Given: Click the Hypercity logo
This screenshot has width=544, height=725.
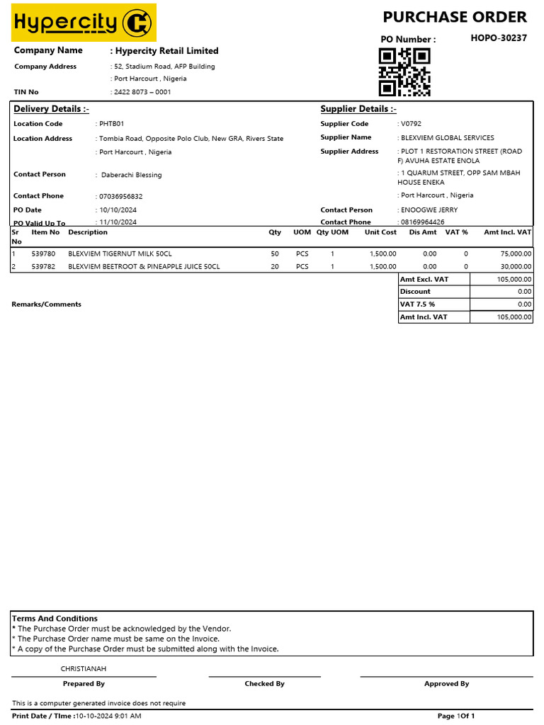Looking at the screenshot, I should [x=84, y=23].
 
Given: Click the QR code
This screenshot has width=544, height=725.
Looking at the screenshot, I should [x=404, y=72].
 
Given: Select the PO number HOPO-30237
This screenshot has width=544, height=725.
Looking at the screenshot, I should [x=499, y=38].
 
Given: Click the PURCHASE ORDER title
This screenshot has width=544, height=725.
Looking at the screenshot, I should [x=455, y=17].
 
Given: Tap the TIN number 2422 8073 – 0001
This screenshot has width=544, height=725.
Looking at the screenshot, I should [x=142, y=92].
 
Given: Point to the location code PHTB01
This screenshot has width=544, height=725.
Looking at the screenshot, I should [x=111, y=124].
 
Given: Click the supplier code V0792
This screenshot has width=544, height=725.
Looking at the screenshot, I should [x=411, y=124].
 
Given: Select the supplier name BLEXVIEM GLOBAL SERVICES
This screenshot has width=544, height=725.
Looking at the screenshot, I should [x=447, y=138].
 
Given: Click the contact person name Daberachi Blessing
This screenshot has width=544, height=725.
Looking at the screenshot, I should [x=131, y=175].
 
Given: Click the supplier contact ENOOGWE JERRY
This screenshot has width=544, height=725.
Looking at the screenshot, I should [x=429, y=210].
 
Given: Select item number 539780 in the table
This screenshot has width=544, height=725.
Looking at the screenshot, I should [x=43, y=253].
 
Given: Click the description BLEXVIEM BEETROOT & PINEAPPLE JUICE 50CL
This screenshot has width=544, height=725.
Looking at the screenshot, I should [x=144, y=267].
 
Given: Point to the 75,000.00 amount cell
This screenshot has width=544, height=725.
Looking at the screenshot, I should [x=516, y=253].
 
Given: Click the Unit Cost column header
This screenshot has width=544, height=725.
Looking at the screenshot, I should [x=380, y=232].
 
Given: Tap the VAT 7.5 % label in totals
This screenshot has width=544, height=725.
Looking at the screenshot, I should [x=418, y=304].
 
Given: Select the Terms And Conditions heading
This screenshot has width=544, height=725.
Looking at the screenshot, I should [x=55, y=619].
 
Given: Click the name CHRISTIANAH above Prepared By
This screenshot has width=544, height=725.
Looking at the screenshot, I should [x=84, y=668].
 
